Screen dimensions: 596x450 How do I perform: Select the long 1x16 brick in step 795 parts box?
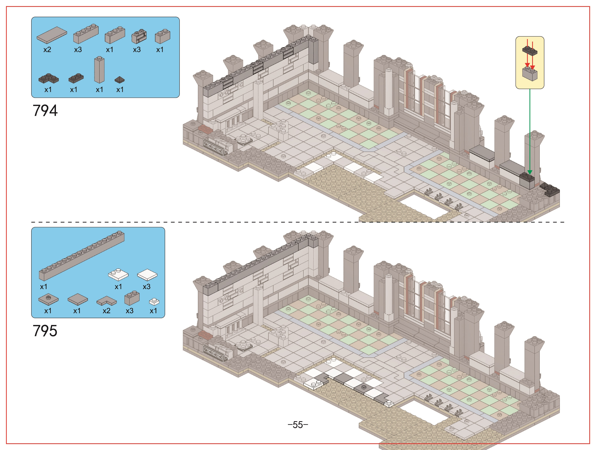82,256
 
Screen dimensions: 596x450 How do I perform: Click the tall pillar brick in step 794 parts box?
99,70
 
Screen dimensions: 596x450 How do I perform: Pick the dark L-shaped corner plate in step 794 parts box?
49,78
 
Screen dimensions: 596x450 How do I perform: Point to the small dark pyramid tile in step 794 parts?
120,80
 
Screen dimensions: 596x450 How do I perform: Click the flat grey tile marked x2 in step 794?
52,35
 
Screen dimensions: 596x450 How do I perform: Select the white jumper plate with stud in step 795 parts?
118,274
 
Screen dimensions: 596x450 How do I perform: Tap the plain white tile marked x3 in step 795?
147,275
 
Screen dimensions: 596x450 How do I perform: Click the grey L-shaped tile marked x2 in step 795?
107,301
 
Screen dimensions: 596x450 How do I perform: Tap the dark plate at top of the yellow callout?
530,50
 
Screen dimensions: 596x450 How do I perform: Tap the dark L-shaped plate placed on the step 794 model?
550,189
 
